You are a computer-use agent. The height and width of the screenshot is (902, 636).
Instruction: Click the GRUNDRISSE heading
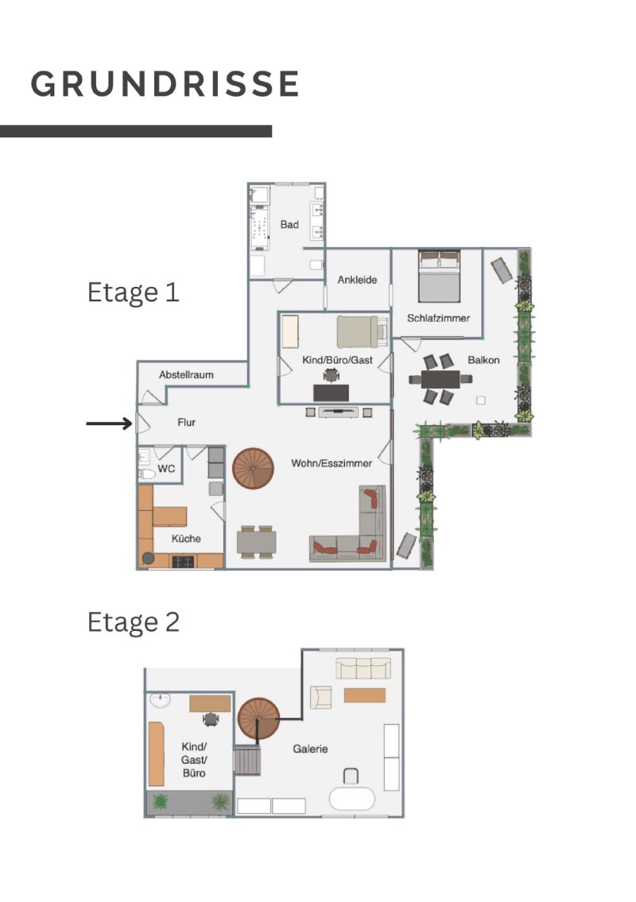(x=165, y=84)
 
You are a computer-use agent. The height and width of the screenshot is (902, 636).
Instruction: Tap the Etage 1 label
(x=133, y=292)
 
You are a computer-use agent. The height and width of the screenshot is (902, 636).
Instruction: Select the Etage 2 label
(x=133, y=622)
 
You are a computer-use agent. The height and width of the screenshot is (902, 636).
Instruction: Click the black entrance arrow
(x=110, y=424)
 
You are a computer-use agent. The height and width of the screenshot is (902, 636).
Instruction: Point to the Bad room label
(x=289, y=224)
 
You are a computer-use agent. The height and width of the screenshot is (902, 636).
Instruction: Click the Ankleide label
(x=358, y=280)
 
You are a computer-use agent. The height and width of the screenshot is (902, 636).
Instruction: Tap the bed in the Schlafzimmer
(x=439, y=276)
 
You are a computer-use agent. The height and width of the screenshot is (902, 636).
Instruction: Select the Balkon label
(x=483, y=360)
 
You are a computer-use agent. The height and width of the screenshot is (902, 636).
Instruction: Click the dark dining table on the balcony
(x=440, y=379)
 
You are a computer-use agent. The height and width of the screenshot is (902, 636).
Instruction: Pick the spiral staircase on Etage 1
(x=254, y=469)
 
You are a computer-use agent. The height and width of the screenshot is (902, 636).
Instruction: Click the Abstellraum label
(x=187, y=374)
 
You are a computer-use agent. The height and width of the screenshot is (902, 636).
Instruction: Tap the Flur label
(x=187, y=422)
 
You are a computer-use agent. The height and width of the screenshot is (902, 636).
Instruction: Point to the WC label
(x=166, y=469)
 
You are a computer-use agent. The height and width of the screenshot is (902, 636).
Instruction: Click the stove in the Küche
(x=183, y=561)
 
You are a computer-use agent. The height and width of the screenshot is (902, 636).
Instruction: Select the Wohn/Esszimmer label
(x=332, y=463)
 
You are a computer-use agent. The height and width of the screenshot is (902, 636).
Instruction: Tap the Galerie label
(x=310, y=749)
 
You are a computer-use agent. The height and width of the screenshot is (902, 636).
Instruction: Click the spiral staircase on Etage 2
(x=259, y=719)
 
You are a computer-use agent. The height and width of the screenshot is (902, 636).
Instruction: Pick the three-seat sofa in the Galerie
(x=363, y=668)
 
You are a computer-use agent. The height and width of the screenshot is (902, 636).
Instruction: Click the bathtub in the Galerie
(x=351, y=799)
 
